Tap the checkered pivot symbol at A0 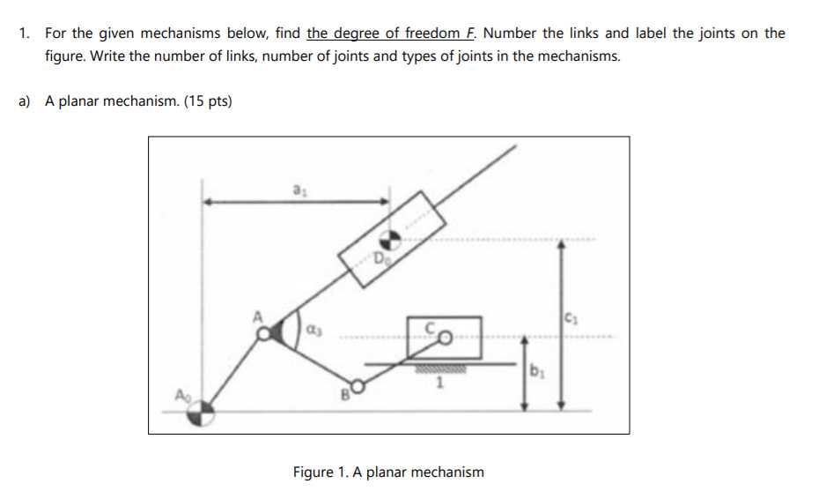(203, 411)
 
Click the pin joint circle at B (357, 385)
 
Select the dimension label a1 (298, 189)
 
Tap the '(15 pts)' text (208, 101)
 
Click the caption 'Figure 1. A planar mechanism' (388, 472)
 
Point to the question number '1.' (26, 33)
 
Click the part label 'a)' (26, 101)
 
